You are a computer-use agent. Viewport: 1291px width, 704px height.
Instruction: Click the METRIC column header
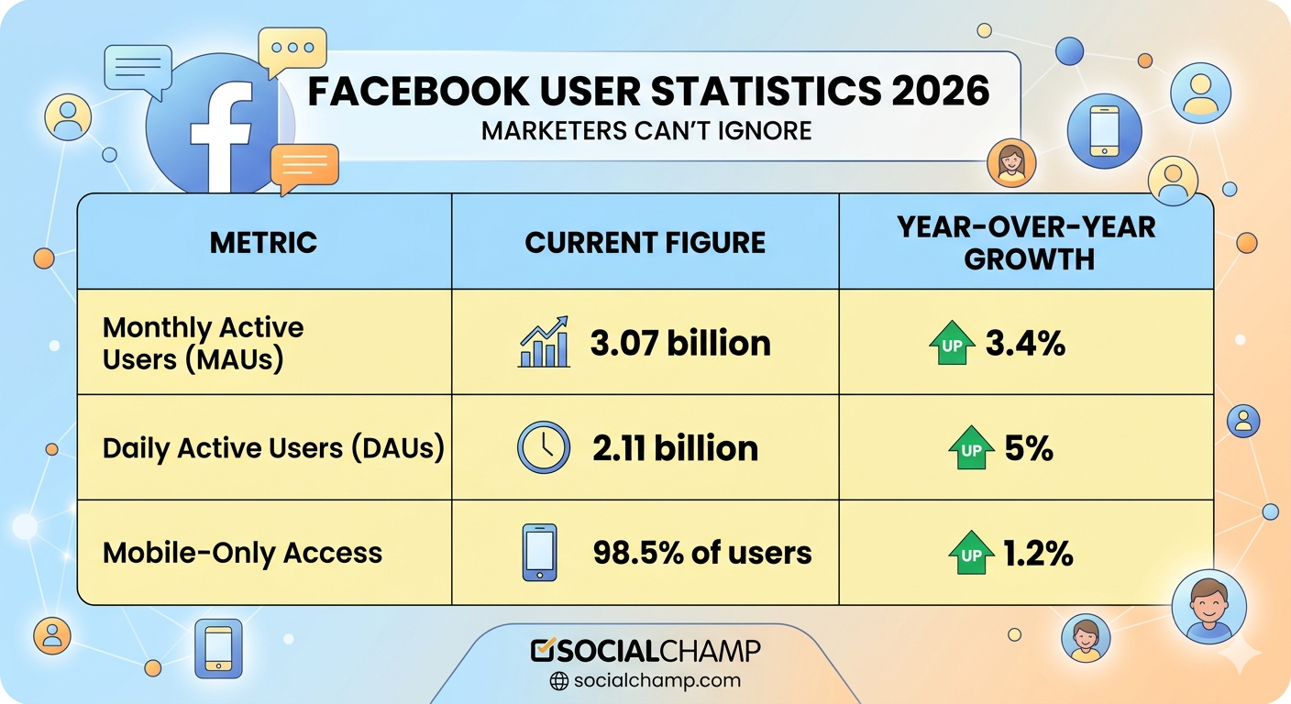(x=263, y=242)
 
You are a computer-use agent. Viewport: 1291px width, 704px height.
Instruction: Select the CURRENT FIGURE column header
(x=645, y=242)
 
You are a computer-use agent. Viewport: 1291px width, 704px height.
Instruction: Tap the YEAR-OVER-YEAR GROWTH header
(x=1026, y=242)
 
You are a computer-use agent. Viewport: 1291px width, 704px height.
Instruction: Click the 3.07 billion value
(x=679, y=343)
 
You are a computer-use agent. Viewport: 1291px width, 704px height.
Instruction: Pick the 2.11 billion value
(x=675, y=448)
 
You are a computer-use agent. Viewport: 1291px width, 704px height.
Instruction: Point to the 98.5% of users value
(x=701, y=553)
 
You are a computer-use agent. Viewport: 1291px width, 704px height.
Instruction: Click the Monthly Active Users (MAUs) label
(x=203, y=343)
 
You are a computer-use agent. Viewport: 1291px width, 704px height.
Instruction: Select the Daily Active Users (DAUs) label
(x=273, y=448)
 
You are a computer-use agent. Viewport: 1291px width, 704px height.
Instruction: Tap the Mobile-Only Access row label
(x=242, y=553)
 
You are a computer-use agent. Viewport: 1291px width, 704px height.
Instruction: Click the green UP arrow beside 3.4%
(x=951, y=344)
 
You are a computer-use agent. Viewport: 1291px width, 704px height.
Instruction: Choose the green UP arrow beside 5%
(x=971, y=448)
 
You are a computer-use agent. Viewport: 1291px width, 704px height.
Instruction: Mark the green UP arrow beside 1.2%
(x=971, y=554)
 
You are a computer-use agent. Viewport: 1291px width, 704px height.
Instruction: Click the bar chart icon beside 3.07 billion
(x=543, y=343)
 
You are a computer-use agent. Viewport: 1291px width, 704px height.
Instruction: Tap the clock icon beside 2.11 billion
(x=543, y=448)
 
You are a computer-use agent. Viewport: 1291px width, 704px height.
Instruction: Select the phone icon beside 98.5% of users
(x=539, y=553)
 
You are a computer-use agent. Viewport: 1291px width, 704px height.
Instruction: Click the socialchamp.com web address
(x=656, y=680)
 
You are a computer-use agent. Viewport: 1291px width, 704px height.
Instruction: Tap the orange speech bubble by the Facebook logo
(x=304, y=168)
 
